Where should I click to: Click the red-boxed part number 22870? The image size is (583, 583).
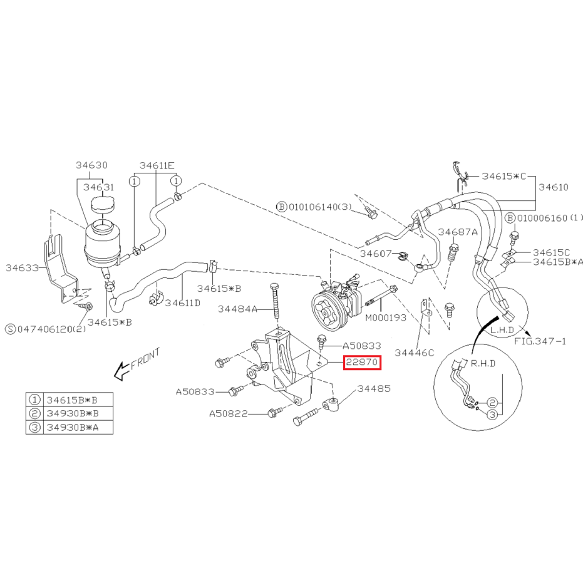pos(362,362)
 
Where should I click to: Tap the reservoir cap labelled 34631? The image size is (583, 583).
pos(103,205)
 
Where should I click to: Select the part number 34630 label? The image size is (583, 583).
pos(91,165)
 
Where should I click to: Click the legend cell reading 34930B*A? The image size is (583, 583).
pos(73,428)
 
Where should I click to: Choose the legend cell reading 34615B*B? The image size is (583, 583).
pos(72,400)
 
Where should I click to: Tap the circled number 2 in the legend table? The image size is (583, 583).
pos(34,413)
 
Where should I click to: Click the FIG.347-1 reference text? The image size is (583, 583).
pos(540,341)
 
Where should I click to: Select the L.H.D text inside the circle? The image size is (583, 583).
pos(502,330)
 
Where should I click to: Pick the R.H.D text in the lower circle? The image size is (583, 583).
pos(483,363)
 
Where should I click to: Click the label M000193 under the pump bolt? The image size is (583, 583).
pos(386,318)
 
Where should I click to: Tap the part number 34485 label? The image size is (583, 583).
pos(374,389)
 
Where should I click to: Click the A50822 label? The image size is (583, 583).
pos(229,414)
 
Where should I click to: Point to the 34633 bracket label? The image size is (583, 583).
pos(23,268)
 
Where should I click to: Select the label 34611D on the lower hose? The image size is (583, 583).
pos(183,303)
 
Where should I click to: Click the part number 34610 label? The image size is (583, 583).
pos(554,187)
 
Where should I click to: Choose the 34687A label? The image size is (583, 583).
pos(458,232)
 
